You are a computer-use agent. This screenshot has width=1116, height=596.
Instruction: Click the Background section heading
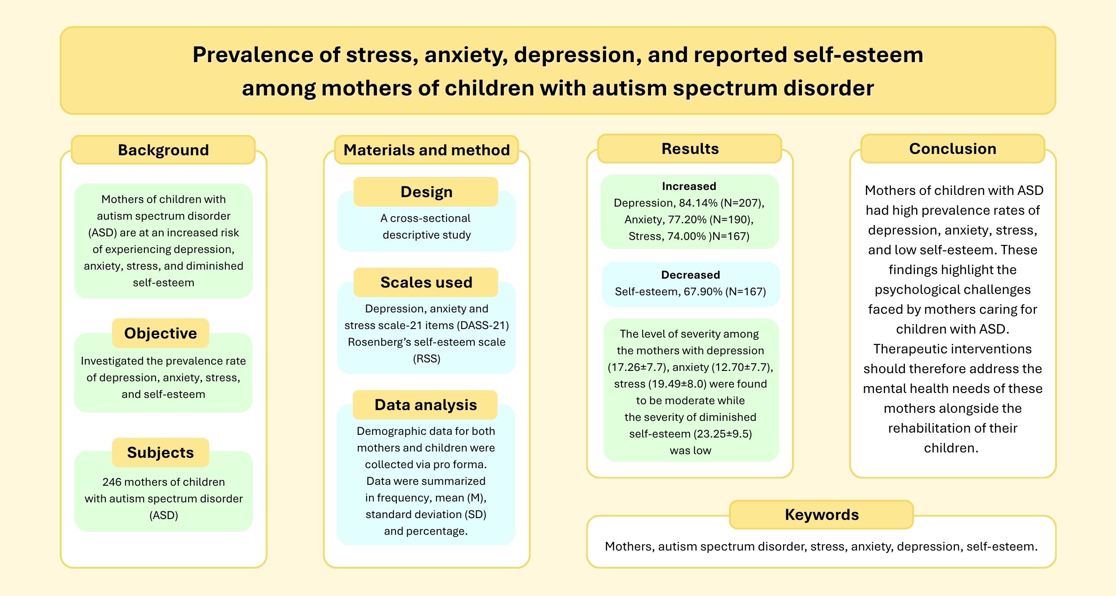coord(163,150)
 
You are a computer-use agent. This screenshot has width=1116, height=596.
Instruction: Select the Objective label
coord(161,333)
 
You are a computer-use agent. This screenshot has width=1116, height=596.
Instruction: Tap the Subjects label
coord(161,452)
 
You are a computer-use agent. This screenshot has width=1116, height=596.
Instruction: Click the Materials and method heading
coord(427,150)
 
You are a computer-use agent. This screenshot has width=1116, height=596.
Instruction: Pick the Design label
coord(427,192)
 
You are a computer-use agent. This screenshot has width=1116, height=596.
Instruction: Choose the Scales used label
coord(427,282)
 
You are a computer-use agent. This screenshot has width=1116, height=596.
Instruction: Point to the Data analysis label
coord(426,405)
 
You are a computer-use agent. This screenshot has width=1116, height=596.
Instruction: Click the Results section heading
coord(690,149)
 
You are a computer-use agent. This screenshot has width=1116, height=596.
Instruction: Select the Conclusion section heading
coord(953,149)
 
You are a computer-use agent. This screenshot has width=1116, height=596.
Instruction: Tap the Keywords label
coord(822,515)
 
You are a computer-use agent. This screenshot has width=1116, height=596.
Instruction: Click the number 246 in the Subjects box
coord(112,482)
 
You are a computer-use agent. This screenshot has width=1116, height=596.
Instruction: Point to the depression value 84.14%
coord(697,203)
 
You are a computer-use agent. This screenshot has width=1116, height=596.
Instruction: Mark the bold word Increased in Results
coord(689,186)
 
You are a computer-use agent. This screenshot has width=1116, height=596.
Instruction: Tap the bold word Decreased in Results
coord(690,275)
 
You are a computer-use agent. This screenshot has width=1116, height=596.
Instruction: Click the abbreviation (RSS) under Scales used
coord(427,359)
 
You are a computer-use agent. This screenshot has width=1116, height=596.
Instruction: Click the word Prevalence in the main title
coord(253,55)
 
